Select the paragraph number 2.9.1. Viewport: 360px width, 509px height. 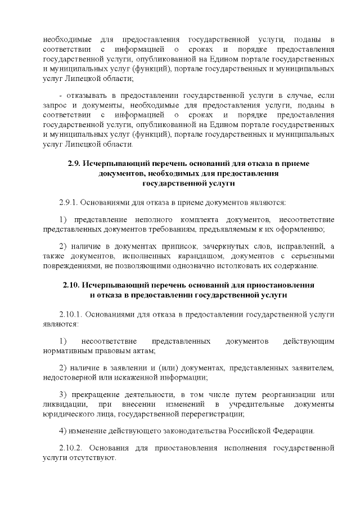coord(69,201)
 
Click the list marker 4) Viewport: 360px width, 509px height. coord(62,431)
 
